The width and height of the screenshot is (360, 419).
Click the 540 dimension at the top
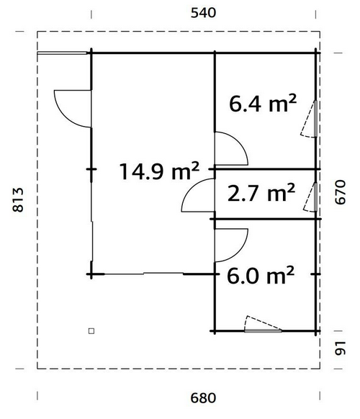pyautogui.click(x=203, y=13)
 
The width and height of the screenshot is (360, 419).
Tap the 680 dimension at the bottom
pyautogui.click(x=203, y=398)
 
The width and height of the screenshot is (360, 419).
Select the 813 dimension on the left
pyautogui.click(x=18, y=200)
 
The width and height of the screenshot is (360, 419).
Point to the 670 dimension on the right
pyautogui.click(x=341, y=192)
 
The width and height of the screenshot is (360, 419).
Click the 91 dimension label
pyautogui.click(x=341, y=348)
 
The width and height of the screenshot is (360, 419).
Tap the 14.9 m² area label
pyautogui.click(x=159, y=171)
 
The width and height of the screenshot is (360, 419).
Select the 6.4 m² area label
pyautogui.click(x=263, y=103)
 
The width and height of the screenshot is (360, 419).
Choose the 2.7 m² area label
pyautogui.click(x=261, y=192)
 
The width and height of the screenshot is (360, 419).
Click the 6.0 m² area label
pyautogui.click(x=261, y=274)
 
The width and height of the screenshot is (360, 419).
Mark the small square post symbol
pyautogui.click(x=91, y=331)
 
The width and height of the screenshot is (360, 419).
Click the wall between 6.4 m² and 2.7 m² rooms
pyautogui.click(x=264, y=169)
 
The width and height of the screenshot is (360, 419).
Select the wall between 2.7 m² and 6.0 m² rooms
pyautogui.click(x=266, y=219)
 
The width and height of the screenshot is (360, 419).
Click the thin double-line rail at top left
pyautogui.click(x=62, y=53)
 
